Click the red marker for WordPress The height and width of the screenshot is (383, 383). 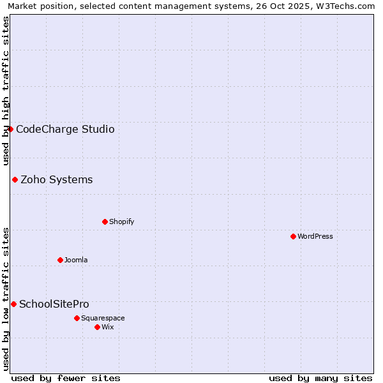coord(293,236)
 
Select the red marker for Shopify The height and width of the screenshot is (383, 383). coord(105,222)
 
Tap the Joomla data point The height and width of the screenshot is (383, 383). coord(60,260)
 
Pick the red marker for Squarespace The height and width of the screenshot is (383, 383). coord(77,318)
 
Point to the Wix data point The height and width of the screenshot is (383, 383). coord(97,327)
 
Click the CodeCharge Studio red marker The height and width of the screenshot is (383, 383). coord(10,129)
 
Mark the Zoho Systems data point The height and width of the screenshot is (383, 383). coord(15,179)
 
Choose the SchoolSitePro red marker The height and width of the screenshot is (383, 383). coord(13,304)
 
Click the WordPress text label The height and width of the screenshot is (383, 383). coord(315,236)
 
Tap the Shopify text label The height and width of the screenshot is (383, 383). coord(121,222)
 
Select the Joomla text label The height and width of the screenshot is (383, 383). coord(76,260)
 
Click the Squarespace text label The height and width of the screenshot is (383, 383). coord(103,318)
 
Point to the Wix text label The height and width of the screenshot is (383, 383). coord(108,327)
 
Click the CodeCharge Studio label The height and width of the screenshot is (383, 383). coord(65,129)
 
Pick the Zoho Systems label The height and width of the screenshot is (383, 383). coord(57,179)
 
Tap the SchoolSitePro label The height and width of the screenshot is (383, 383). coord(54,304)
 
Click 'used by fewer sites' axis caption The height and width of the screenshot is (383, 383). coord(66,378)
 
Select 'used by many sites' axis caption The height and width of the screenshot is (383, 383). coord(320,378)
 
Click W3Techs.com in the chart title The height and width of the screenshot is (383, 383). coord(347,6)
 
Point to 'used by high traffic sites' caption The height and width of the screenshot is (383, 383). coord(6,91)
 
